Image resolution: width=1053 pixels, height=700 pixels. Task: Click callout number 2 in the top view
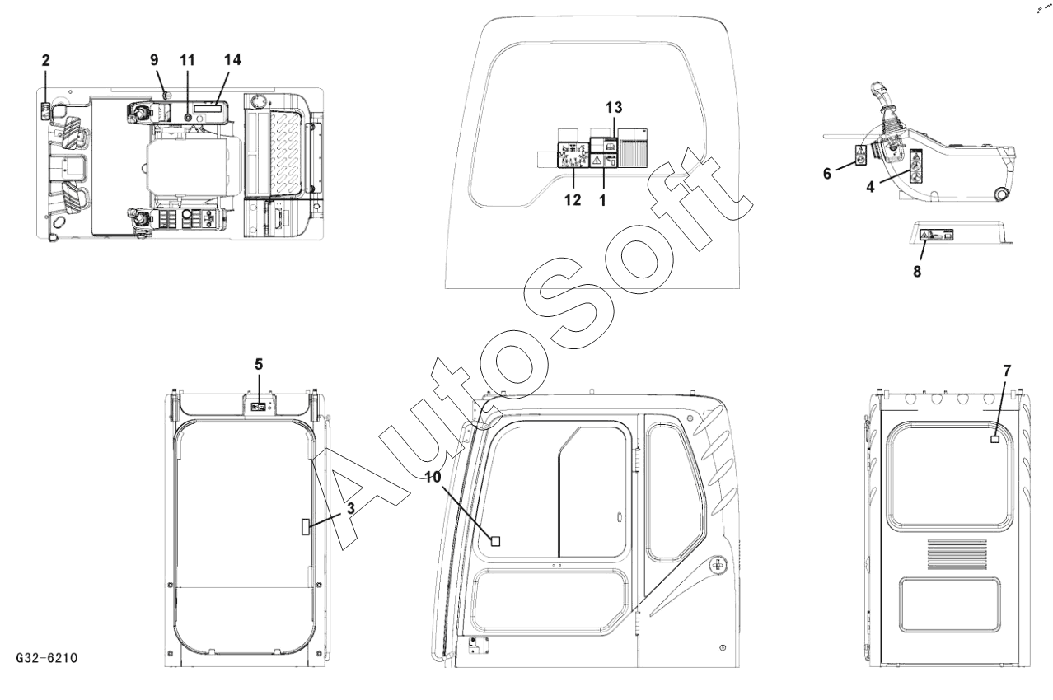pyautogui.click(x=45, y=61)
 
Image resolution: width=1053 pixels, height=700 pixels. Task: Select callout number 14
pyautogui.click(x=232, y=59)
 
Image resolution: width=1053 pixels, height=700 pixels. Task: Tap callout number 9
pyautogui.click(x=154, y=60)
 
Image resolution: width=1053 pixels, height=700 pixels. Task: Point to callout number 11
pyautogui.click(x=187, y=60)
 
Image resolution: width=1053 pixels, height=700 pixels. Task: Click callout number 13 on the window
pyautogui.click(x=614, y=108)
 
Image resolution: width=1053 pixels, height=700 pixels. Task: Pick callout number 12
pyautogui.click(x=573, y=200)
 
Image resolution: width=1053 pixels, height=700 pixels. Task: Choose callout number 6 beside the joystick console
pyautogui.click(x=827, y=174)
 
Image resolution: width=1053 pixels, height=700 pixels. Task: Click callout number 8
pyautogui.click(x=917, y=272)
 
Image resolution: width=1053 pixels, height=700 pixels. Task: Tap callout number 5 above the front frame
pyautogui.click(x=259, y=364)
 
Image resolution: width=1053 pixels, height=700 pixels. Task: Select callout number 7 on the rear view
pyautogui.click(x=1007, y=371)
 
